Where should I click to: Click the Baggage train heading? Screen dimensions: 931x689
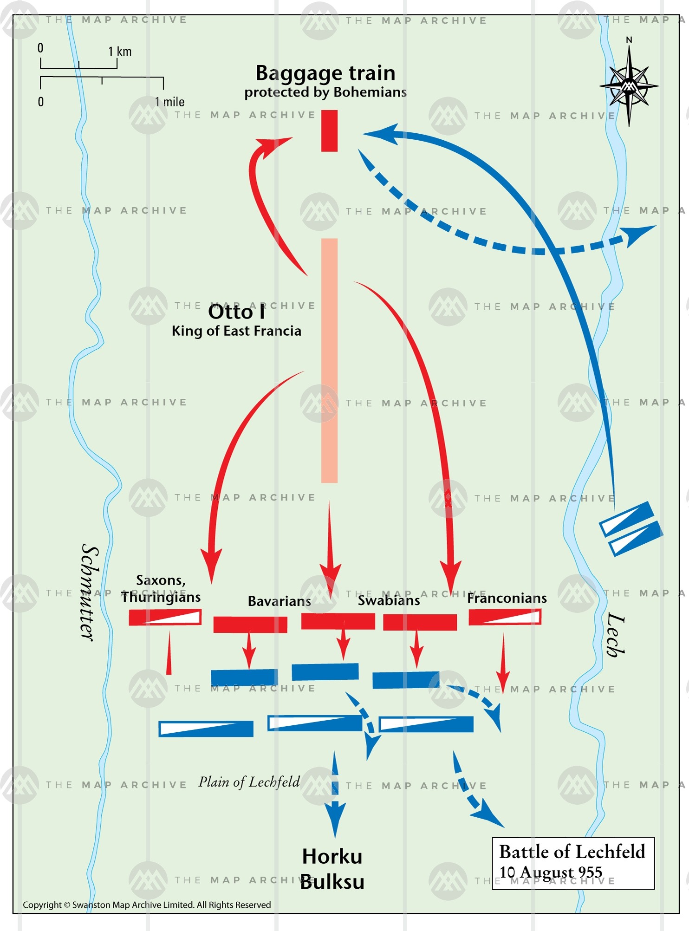pyautogui.click(x=325, y=73)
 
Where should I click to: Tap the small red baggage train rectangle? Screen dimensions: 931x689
pyautogui.click(x=329, y=131)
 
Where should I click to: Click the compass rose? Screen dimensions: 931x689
pyautogui.click(x=629, y=85)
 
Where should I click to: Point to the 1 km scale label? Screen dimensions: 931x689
pyautogui.click(x=120, y=52)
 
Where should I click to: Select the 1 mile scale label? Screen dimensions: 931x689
pyautogui.click(x=169, y=102)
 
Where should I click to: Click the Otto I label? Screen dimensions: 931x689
pyautogui.click(x=236, y=312)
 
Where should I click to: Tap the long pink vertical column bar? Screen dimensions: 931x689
pyautogui.click(x=329, y=360)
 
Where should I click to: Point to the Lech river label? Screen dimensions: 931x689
pyautogui.click(x=616, y=634)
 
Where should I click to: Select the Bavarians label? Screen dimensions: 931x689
pyautogui.click(x=279, y=601)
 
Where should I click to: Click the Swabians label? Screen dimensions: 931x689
pyautogui.click(x=389, y=600)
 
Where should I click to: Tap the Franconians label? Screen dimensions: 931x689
pyautogui.click(x=507, y=598)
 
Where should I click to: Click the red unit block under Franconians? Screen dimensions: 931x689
pyautogui.click(x=505, y=617)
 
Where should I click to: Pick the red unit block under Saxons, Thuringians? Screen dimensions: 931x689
pyautogui.click(x=165, y=617)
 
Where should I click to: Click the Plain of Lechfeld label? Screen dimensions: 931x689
pyautogui.click(x=249, y=782)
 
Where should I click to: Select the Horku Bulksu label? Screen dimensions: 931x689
pyautogui.click(x=332, y=869)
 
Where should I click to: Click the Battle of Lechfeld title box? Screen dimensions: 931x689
pyautogui.click(x=573, y=863)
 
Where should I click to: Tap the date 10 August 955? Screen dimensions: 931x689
pyautogui.click(x=551, y=872)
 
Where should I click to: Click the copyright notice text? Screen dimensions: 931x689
pyautogui.click(x=147, y=905)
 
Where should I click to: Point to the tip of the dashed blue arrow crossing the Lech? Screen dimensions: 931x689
pyautogui.click(x=655, y=227)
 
